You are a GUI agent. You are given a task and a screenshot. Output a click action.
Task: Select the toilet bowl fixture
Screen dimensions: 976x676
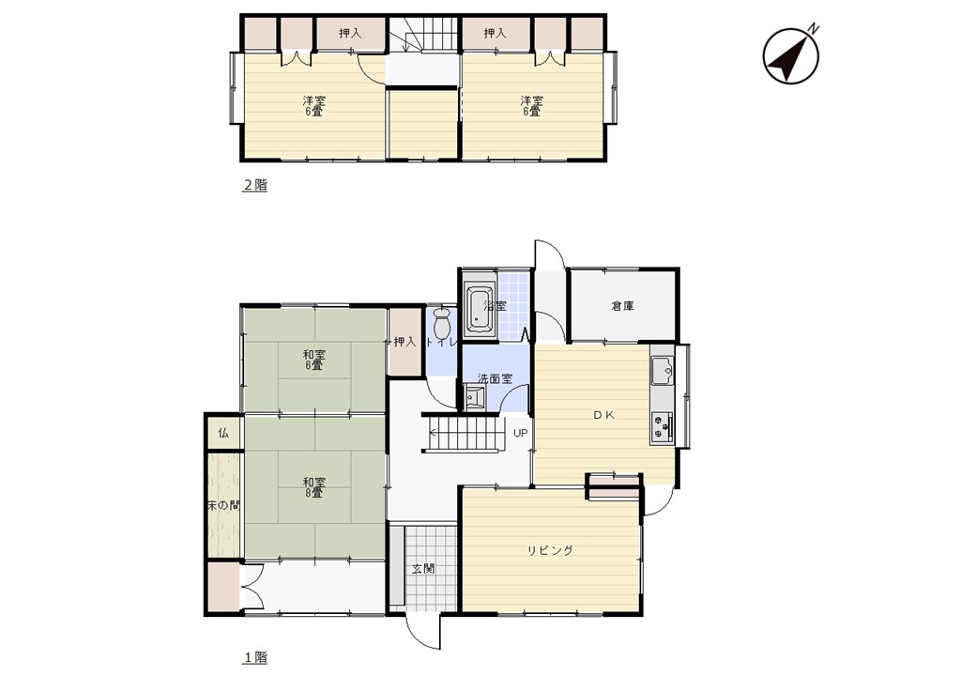442,322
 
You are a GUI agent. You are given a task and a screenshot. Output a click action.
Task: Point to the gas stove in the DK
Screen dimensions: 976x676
663,427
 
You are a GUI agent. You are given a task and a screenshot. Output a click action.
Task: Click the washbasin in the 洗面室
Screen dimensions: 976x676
476,396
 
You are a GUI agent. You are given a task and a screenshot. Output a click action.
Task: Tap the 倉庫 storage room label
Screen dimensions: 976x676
622,306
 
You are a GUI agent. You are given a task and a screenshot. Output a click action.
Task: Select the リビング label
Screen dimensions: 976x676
550,550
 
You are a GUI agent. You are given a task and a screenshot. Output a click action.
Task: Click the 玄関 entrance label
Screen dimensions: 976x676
423,568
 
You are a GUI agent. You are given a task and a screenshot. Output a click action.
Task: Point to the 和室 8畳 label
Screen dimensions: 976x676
313,486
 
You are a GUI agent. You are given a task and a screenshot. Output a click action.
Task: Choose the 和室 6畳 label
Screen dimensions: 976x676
313,360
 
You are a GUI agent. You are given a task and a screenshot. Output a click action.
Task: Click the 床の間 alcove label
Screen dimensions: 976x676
223,506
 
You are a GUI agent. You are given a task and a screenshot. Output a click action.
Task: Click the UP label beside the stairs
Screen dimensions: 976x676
520,433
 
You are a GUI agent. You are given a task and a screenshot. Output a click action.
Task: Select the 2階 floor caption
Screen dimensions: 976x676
254,185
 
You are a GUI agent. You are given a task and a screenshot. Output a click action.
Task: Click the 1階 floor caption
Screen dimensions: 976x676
254,656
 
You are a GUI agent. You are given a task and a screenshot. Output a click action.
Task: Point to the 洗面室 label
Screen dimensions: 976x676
495,378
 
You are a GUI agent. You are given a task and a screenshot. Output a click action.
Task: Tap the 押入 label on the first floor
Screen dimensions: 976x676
404,342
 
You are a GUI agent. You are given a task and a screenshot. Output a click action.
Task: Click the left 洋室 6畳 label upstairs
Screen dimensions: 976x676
313,106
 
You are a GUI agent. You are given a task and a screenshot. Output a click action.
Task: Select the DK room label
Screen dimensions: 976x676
603,415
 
